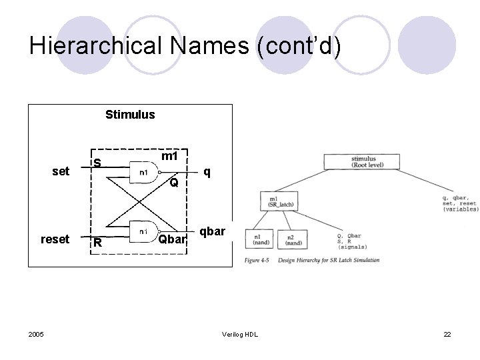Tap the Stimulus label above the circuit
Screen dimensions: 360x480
(x=130, y=114)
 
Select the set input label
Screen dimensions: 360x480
(x=60, y=171)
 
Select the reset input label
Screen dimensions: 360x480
(x=55, y=239)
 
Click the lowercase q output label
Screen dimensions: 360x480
(x=207, y=171)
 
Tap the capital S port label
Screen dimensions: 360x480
(x=97, y=163)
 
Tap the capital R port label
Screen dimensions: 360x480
(x=97, y=243)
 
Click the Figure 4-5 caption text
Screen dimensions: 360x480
(x=313, y=260)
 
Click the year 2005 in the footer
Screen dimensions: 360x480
(x=37, y=333)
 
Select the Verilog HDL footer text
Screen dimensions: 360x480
(x=241, y=333)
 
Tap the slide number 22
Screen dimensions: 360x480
(x=447, y=333)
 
